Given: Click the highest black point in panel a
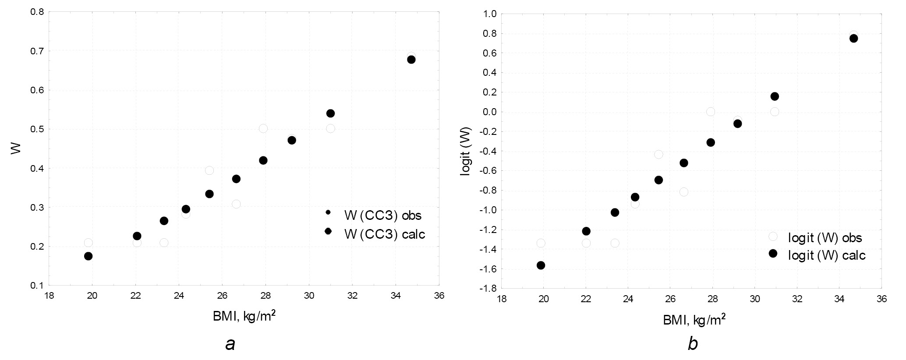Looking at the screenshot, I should (x=411, y=60).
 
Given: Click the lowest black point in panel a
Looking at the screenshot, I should (x=88, y=256).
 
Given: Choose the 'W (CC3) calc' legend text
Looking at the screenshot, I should (x=385, y=234).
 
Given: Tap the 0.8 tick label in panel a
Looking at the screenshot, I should (x=37, y=12).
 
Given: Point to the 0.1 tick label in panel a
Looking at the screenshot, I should (x=37, y=286).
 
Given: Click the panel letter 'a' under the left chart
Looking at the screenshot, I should (x=230, y=344).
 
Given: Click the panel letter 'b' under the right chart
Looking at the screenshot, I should (x=692, y=344).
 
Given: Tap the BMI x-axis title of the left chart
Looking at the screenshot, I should (x=244, y=317).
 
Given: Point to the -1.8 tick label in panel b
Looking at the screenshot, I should (x=488, y=289).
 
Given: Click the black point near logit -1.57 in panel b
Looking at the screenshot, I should (x=541, y=265).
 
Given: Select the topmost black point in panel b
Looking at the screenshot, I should (x=853, y=39).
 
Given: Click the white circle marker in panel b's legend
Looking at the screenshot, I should (x=773, y=236).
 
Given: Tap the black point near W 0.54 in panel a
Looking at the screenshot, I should (x=330, y=113).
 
